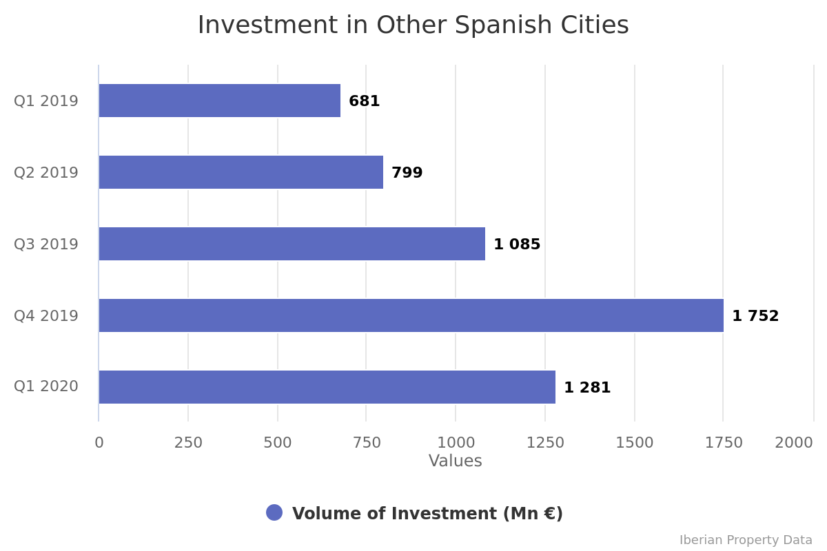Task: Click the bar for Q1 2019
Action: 219,101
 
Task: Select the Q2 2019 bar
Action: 241,172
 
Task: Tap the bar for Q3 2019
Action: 292,244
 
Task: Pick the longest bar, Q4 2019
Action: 411,315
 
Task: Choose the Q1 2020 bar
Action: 327,387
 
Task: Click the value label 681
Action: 364,101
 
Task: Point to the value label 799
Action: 407,173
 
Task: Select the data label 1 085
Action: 517,245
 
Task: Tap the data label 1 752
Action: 755,316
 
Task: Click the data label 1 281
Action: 587,388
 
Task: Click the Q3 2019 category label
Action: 46,245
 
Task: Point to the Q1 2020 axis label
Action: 46,386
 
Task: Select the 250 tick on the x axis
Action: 188,443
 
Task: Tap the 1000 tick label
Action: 456,443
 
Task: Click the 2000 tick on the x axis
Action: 793,443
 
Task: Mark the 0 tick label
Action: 99,443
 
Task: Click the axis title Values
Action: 455,461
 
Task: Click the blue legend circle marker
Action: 274,512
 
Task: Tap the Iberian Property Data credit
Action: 746,540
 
